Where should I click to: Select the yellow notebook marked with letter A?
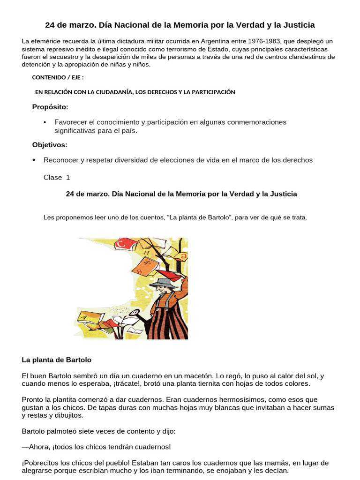[x=86, y=318]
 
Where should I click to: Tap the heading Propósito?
[x=50, y=107]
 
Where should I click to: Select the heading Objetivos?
[x=50, y=144]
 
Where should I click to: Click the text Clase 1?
[x=57, y=177]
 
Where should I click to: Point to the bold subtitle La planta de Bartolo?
[x=57, y=360]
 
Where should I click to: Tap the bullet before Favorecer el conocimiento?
[x=45, y=122]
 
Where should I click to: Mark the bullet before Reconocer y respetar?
[x=34, y=160]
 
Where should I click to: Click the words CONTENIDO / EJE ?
[x=58, y=78]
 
